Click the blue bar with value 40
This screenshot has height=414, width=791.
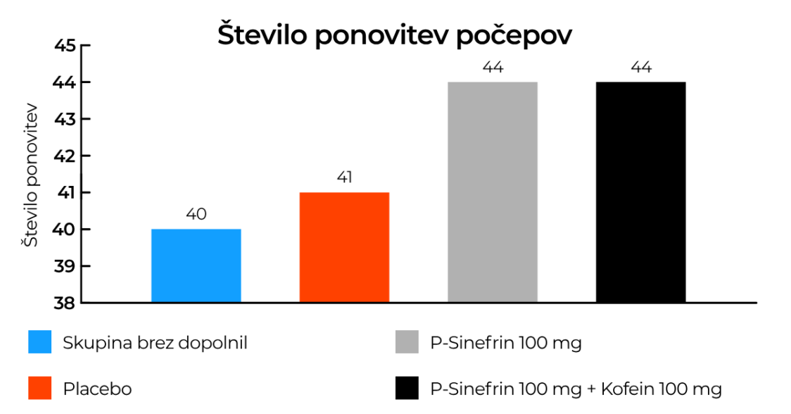pos(196,265)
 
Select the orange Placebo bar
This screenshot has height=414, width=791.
pos(344,247)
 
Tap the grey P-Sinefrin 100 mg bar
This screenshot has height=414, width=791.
pos(493,192)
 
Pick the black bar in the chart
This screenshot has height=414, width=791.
pos(640,192)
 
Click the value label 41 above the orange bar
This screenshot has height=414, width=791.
pos(344,177)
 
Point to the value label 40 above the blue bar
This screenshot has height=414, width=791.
pos(196,214)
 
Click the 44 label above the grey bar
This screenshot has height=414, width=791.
pos(493,68)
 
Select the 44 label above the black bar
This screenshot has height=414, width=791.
pos(641,68)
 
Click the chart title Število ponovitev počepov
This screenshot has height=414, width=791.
pos(394,36)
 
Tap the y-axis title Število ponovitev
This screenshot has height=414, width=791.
pos(30,178)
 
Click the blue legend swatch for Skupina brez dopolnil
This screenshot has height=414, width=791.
pos(39,343)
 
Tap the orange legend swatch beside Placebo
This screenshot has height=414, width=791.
pos(39,388)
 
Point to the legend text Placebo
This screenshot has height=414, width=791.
pos(97,388)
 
